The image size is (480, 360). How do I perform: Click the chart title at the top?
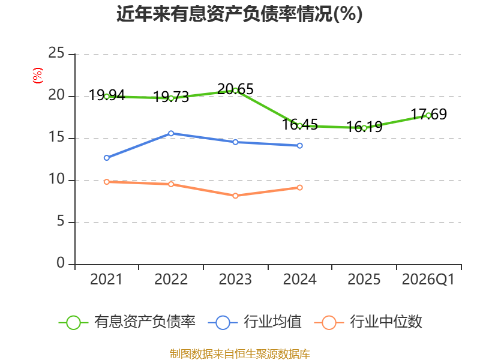coord(239,14)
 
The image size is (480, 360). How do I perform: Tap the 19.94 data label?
coord(107,95)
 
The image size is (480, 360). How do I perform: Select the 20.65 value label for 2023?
coord(235,89)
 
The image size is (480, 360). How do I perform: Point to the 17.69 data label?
coord(428,114)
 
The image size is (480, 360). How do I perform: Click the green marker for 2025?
coord(364,128)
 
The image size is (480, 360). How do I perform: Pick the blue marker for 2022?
coord(171,133)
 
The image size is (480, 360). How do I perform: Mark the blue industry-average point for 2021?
coord(107,158)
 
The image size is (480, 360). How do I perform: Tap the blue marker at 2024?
coord(299,146)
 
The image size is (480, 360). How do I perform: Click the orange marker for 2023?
coord(235,196)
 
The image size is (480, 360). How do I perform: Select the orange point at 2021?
coord(107,182)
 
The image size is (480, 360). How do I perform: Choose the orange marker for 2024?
coord(299,187)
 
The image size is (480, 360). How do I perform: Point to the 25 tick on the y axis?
coord(56,53)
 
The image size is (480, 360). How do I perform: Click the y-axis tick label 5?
coord(61,221)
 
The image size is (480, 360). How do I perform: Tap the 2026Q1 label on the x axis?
coord(428,280)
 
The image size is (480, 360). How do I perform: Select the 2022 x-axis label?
coord(171,280)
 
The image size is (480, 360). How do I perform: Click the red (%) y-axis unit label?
coord(38,76)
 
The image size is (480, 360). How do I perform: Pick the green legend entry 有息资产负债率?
coord(127,322)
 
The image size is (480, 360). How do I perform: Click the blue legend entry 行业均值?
coord(254,322)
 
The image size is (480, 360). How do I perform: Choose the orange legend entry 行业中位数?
coord(368,322)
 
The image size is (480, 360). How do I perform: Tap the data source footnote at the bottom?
coord(240,354)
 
